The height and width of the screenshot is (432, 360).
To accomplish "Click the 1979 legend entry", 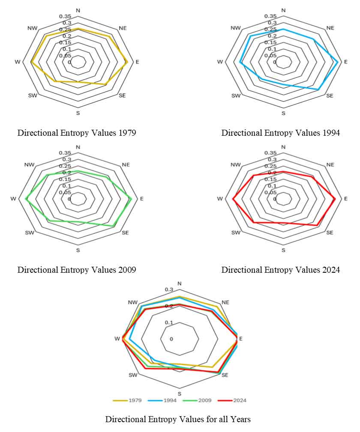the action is [127, 400].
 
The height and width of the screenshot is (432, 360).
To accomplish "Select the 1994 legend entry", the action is [162, 400].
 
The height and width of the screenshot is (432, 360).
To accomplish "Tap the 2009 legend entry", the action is [197, 400].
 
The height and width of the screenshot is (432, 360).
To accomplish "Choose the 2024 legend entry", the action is [232, 400].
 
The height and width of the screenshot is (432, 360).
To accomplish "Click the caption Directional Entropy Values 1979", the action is [77, 133].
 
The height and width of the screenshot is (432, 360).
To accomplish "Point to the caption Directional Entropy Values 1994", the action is [281, 133].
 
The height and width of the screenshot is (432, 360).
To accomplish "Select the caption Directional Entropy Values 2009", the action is [77, 269].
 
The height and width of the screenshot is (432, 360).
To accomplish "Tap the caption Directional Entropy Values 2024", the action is [281, 269].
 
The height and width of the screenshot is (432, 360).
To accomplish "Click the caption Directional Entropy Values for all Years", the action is [178, 419].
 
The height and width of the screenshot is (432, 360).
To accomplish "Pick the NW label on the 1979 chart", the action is [33, 28].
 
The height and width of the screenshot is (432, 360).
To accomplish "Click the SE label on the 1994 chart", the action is [330, 95].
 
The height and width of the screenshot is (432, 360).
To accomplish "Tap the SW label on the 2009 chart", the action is [30, 232].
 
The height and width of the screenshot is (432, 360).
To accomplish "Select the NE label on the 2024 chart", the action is [330, 165].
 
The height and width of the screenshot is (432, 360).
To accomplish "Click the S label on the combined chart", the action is [179, 394].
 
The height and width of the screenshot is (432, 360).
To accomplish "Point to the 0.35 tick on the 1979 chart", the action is [65, 16].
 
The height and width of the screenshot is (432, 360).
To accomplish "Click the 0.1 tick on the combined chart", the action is [168, 322].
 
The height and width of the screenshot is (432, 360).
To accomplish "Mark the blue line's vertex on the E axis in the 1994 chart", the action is [338, 62].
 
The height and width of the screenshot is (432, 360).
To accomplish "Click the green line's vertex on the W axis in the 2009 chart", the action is [26, 199].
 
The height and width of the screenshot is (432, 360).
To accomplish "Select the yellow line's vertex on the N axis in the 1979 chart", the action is [78, 28].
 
